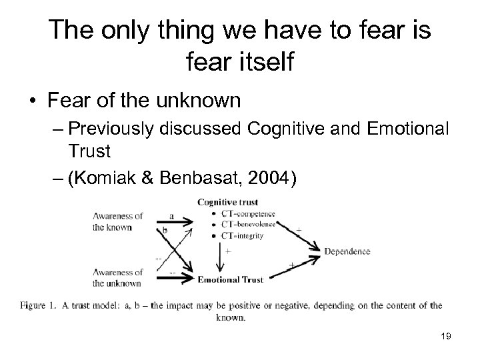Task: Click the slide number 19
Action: point(446,337)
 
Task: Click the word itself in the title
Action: point(259,64)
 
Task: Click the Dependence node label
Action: point(347,251)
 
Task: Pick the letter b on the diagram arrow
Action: point(164,229)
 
